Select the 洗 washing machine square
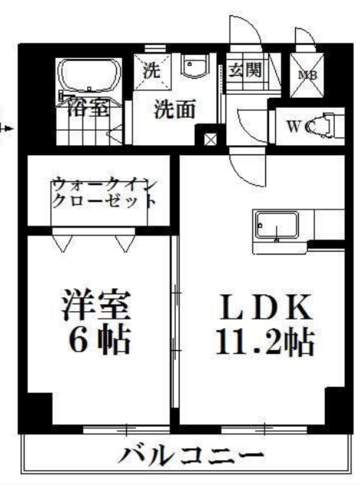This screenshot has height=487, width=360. pyautogui.click(x=152, y=71)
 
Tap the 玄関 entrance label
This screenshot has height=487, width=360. pyautogui.click(x=245, y=70)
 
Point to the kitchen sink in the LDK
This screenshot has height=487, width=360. pyautogui.click(x=276, y=226)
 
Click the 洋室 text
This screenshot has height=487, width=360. pyautogui.click(x=96, y=305)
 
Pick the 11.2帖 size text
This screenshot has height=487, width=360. pyautogui.click(x=264, y=342)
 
